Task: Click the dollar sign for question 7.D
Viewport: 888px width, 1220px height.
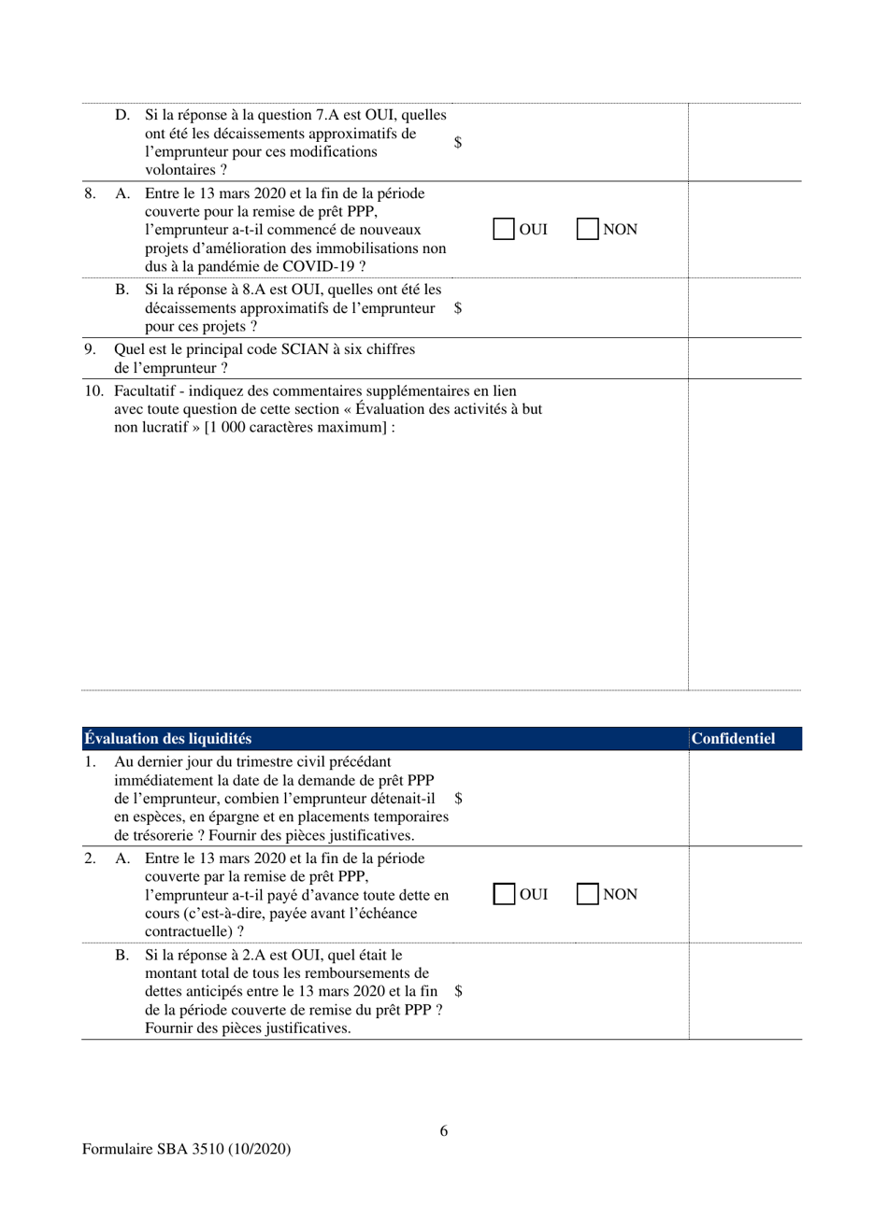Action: (x=458, y=143)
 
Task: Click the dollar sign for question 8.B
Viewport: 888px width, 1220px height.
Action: (x=458, y=308)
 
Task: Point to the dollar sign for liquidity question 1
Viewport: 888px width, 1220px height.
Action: (x=458, y=799)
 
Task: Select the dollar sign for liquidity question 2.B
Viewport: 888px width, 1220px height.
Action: (x=458, y=991)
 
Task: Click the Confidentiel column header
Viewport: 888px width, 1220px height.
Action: (x=734, y=739)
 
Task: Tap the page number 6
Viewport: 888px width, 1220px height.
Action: (x=444, y=1131)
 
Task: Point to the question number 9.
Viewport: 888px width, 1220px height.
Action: (x=90, y=349)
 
